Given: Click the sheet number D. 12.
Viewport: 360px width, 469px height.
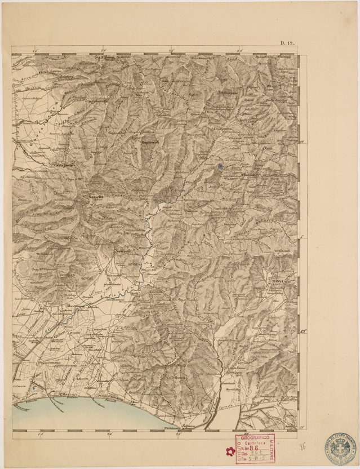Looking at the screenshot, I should (288, 43).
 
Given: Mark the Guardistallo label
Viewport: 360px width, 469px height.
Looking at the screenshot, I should (97, 101).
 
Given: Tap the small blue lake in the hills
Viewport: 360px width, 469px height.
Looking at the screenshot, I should (220, 166).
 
